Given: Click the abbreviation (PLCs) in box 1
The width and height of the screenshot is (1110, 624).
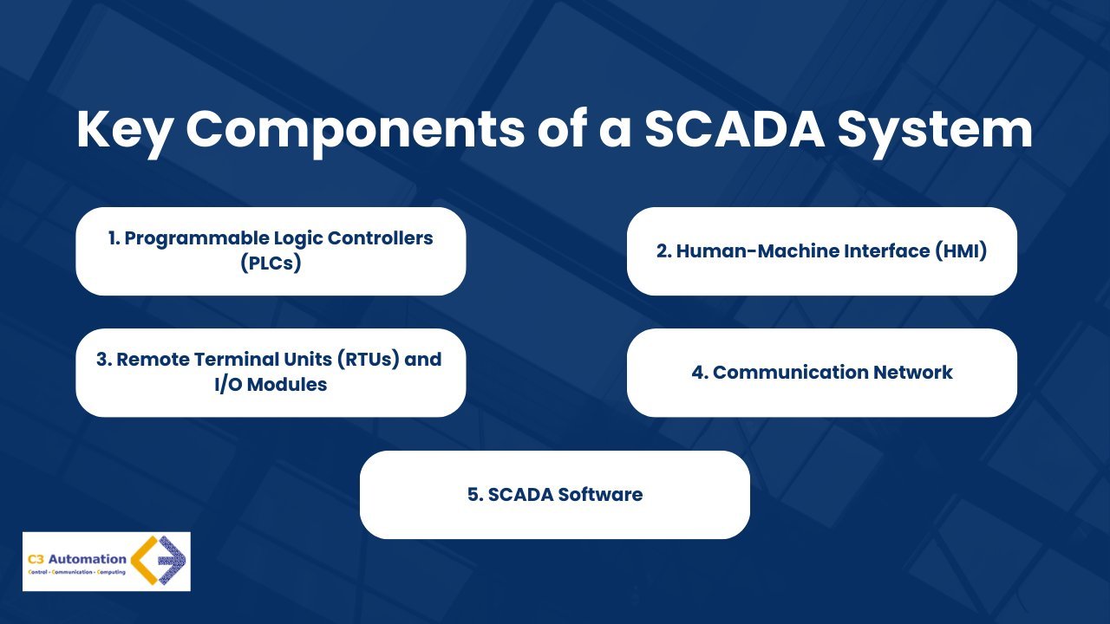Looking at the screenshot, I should point(271,263).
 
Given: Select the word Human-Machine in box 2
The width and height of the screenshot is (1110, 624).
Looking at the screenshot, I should point(747,251).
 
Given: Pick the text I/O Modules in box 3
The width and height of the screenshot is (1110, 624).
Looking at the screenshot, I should point(271,384).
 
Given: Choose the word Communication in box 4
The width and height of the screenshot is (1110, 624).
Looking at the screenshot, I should point(788,373).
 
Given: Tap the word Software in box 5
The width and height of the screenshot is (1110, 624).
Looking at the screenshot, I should point(600,495).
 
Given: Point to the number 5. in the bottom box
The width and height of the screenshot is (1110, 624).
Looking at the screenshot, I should point(474,495).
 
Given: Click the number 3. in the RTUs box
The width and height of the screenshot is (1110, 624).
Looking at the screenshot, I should point(104,360).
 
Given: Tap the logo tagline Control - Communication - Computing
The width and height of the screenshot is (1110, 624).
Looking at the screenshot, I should point(76,574).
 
